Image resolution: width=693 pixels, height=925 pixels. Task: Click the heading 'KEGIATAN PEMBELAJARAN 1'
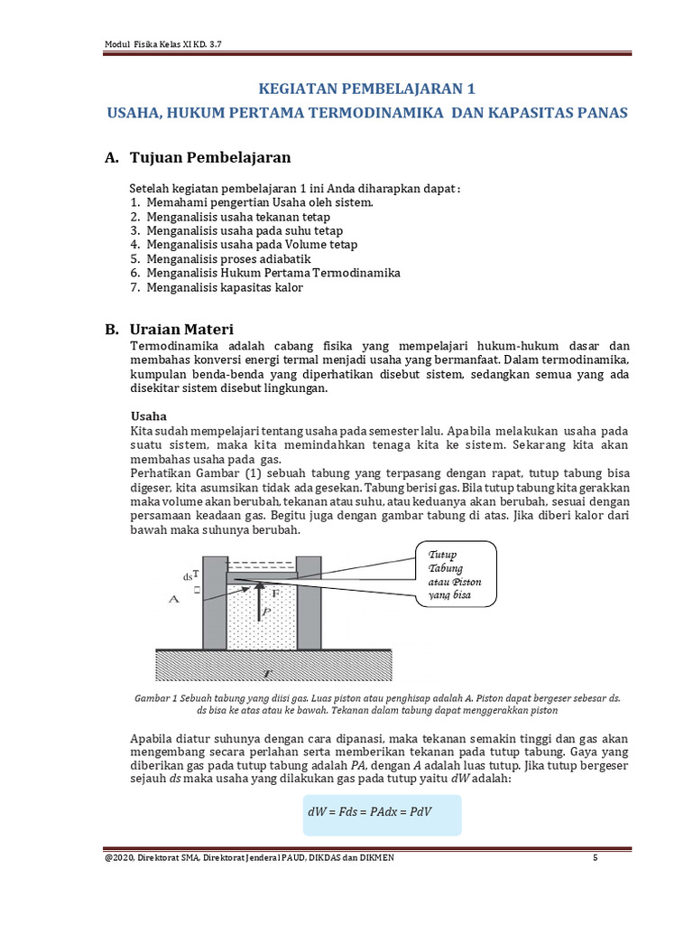[365, 89]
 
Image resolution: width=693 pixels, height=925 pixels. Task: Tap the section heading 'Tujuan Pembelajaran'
[210, 158]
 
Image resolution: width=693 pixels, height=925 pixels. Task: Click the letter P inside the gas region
[264, 612]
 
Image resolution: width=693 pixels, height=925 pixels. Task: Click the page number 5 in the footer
[596, 857]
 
